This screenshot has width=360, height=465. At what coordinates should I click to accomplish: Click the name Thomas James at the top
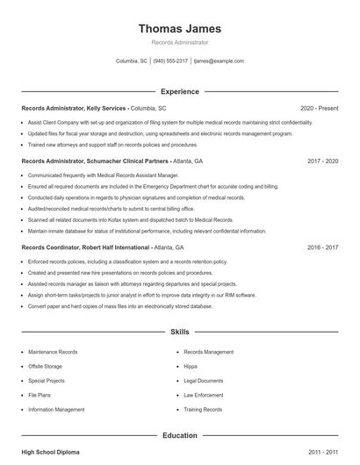[179, 28]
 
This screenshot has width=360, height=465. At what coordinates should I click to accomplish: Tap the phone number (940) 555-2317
[171, 61]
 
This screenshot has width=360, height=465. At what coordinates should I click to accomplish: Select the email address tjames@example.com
[219, 61]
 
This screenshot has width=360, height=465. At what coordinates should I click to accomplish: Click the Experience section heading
[179, 91]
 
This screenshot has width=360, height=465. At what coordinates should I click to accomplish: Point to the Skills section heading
[179, 333]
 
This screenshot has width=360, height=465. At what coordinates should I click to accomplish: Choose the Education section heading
[179, 435]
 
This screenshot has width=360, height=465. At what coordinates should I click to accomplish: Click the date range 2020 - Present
[319, 108]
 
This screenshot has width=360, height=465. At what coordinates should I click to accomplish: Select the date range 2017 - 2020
[322, 161]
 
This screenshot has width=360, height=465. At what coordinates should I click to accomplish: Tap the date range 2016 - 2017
[322, 248]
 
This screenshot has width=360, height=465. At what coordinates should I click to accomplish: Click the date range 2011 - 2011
[322, 452]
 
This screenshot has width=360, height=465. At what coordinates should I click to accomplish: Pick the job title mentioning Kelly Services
[93, 108]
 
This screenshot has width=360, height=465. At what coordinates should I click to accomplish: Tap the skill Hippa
[191, 366]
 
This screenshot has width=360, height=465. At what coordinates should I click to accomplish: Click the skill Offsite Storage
[45, 366]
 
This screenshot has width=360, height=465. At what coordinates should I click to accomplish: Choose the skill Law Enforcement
[203, 395]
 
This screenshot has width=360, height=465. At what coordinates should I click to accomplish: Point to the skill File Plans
[40, 395]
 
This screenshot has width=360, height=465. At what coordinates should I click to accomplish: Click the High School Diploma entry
[50, 452]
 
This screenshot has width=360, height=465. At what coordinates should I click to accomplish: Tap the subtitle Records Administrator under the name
[179, 42]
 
